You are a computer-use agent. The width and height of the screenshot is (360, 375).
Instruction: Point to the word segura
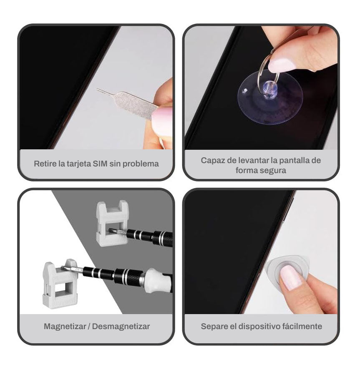[274, 171]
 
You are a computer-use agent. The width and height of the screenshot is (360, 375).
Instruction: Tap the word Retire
[45, 164]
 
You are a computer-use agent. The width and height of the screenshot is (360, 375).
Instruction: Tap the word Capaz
[213, 160]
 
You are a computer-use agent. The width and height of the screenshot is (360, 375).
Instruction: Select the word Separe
[213, 326]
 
